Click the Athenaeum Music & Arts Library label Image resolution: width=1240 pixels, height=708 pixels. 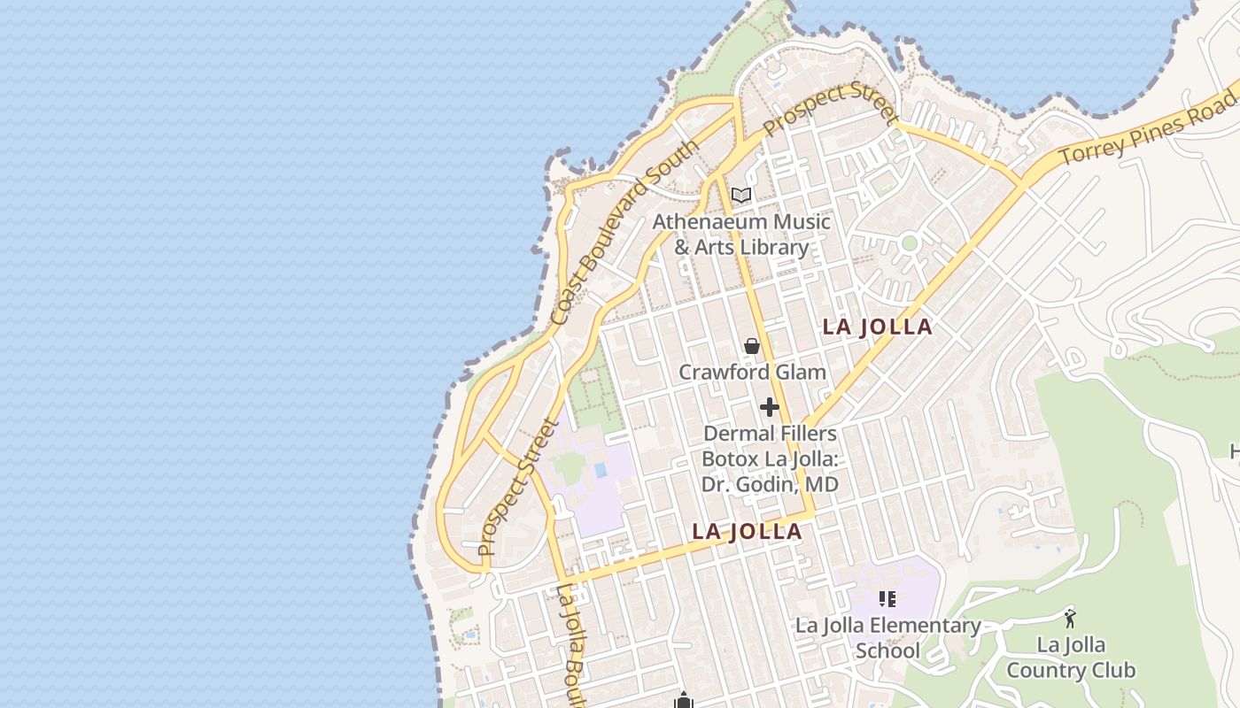[x=741, y=234]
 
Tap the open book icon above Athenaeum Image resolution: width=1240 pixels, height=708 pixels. [x=741, y=196]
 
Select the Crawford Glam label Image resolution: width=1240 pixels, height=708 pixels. [x=752, y=372]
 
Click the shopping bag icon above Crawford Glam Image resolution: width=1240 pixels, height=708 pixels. [x=752, y=346]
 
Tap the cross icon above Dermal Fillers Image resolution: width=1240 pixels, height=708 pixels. [x=769, y=407]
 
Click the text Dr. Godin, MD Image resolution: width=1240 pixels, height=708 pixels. [x=770, y=484]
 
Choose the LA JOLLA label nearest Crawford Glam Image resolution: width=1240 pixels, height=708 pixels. [x=877, y=327]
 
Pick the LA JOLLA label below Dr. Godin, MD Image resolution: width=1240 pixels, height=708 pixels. [x=747, y=531]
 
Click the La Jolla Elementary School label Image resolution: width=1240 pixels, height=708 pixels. [x=887, y=638]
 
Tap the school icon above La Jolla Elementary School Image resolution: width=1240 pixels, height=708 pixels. [x=887, y=599]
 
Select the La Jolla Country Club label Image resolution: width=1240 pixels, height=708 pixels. [x=1071, y=657]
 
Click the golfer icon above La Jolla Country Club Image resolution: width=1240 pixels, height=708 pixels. [x=1071, y=619]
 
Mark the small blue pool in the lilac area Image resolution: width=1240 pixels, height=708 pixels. [x=601, y=469]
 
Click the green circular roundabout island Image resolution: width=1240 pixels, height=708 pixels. [x=909, y=242]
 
